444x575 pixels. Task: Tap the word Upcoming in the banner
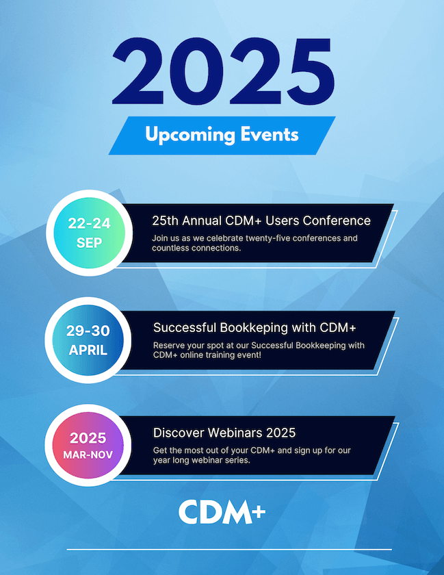(190, 135)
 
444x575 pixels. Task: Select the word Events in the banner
(270, 134)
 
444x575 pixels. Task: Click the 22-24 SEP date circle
(89, 233)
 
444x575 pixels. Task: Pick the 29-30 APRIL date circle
(88, 340)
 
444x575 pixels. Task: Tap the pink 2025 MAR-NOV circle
(88, 445)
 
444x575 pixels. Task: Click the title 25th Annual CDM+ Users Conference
(261, 220)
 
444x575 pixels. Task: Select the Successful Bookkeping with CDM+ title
(254, 328)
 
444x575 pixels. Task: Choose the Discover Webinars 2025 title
(224, 433)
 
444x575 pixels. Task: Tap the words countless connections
(196, 248)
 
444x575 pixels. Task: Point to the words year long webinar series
(202, 460)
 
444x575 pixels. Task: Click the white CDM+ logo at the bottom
(222, 511)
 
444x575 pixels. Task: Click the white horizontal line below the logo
(229, 550)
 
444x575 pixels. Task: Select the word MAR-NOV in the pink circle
(88, 455)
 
